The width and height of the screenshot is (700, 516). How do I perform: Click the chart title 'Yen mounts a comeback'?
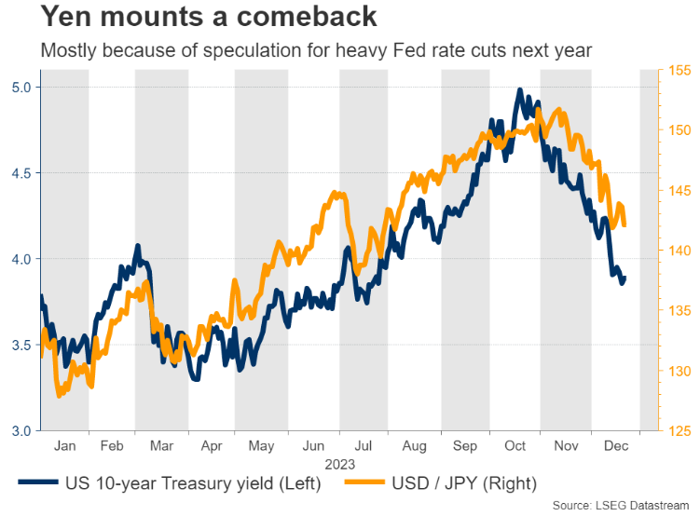197,17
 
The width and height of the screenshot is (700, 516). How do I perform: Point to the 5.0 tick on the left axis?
19,88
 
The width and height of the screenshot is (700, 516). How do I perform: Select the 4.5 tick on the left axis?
19,173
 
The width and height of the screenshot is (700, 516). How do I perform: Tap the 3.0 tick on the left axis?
19,430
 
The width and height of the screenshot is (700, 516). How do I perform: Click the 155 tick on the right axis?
679,71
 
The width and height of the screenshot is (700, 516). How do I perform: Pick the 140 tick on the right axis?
679,251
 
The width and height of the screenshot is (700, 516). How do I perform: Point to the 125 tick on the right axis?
679,430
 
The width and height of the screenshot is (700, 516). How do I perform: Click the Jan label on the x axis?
64,446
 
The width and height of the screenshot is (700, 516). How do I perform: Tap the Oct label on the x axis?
515,446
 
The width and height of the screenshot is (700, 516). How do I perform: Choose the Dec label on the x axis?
616,446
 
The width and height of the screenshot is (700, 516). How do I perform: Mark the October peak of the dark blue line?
519,91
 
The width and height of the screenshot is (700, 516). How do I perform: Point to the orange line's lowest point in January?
60,396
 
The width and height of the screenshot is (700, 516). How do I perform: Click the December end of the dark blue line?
625,277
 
